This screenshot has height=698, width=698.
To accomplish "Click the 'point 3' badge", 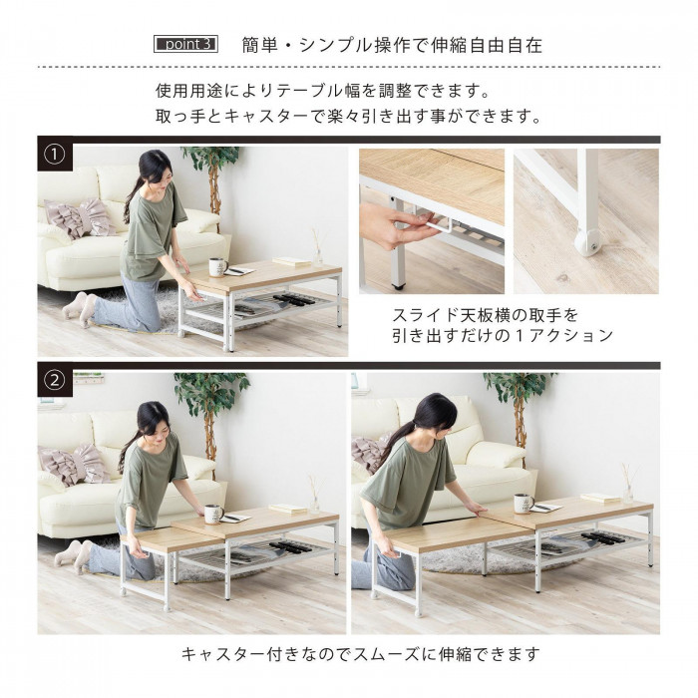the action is (185, 44).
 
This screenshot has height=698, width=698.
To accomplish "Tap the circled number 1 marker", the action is (55, 155).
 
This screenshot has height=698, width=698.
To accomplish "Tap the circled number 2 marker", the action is (55, 380).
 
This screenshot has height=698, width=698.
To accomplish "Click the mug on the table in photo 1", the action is (217, 267).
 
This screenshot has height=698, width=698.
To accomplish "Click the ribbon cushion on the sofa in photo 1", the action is (81, 218).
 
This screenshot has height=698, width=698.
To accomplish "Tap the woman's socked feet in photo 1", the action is (78, 307).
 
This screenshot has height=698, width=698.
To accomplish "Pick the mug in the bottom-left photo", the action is (213, 515).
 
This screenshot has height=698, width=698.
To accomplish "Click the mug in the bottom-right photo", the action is (523, 503).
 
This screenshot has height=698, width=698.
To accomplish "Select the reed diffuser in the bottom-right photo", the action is (628, 485).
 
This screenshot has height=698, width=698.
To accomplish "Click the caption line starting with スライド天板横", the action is (485, 316).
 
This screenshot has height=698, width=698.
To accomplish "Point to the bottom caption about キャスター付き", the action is (361, 654).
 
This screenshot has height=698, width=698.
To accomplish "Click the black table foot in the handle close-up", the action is (398, 286).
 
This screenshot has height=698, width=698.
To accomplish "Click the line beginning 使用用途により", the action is (324, 91).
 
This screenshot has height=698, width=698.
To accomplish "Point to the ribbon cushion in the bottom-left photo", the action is (75, 465).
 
